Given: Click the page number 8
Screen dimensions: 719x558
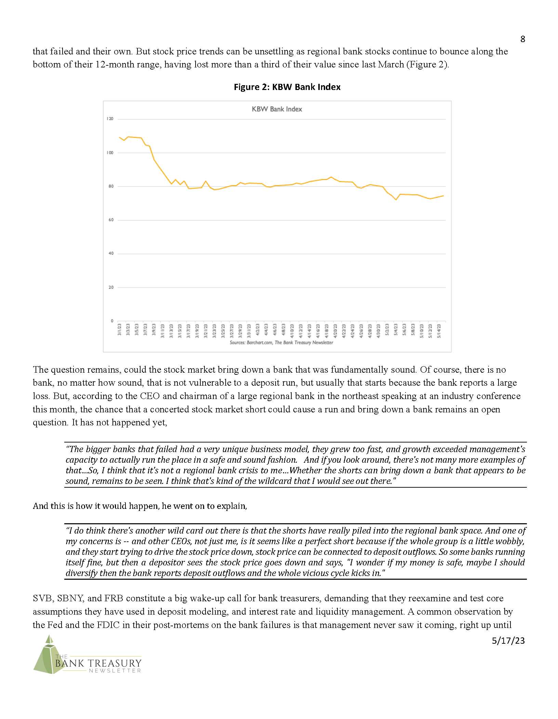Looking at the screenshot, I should click(x=522, y=39).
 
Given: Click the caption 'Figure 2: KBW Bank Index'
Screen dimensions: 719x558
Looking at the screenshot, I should click(x=287, y=87).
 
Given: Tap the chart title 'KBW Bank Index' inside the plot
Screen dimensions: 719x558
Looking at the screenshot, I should click(x=277, y=109).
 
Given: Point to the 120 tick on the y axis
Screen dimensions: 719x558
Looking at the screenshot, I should click(x=110, y=119).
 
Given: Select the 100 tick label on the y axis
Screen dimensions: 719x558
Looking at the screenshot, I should click(x=110, y=153).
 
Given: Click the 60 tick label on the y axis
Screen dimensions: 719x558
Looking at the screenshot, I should click(x=111, y=220).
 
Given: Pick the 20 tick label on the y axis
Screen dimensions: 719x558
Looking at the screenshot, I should click(x=111, y=287).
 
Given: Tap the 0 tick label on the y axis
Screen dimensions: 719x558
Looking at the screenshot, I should click(x=112, y=321).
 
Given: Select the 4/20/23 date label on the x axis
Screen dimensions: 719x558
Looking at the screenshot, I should click(x=335, y=331).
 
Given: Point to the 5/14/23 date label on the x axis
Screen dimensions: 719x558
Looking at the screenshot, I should click(x=439, y=331).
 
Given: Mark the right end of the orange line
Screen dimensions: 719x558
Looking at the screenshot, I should click(x=443, y=196).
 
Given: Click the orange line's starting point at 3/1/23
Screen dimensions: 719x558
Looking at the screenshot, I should click(x=119, y=137).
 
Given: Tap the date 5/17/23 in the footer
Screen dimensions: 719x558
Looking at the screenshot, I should click(x=508, y=641).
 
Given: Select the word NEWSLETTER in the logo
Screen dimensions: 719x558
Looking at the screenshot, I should click(x=115, y=671).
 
